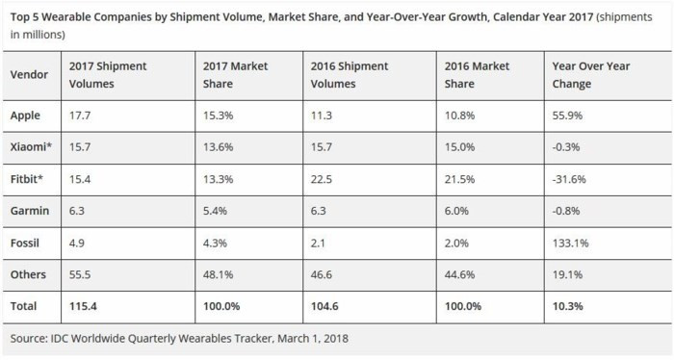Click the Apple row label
tap(26, 116)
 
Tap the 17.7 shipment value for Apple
tap(81, 116)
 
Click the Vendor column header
tap(29, 75)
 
